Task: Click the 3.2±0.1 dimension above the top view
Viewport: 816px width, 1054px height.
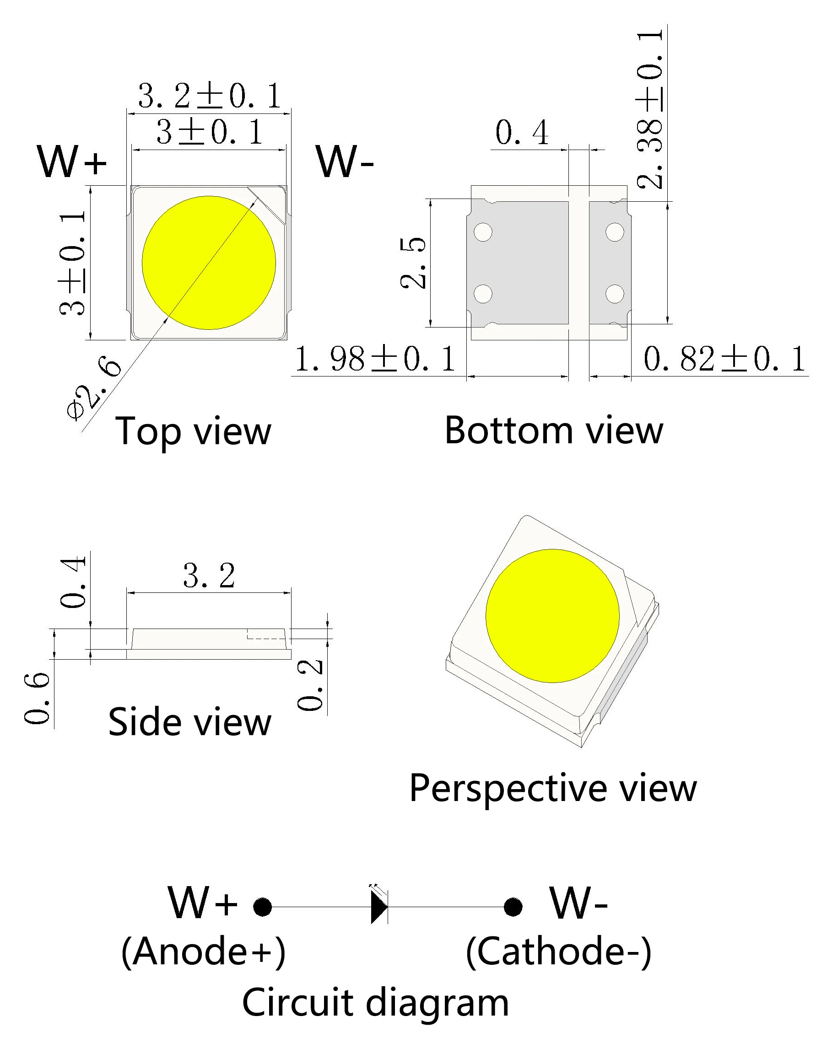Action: [209, 96]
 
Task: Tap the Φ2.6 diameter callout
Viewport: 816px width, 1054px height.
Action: [94, 389]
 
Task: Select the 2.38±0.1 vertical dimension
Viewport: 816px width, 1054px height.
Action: [650, 108]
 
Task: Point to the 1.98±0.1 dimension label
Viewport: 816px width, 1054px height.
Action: [375, 359]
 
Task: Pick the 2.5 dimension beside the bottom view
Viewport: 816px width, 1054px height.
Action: [413, 263]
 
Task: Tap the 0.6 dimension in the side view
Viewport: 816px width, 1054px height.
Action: [37, 699]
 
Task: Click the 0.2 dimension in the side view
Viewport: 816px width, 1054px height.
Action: [310, 685]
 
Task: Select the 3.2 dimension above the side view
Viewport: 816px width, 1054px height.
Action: [209, 576]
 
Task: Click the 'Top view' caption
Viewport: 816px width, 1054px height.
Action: [193, 431]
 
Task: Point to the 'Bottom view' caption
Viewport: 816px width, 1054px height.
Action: [553, 430]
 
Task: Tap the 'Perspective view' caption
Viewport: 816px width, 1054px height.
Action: [553, 788]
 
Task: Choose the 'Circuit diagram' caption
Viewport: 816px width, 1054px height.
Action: [375, 1002]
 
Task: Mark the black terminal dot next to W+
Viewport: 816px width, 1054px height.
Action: [263, 907]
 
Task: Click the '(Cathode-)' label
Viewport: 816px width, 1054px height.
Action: [559, 951]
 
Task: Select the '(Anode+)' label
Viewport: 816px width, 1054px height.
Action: [203, 951]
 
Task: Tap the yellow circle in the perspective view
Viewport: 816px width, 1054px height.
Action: [552, 616]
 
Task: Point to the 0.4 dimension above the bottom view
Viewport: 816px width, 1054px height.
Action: [522, 133]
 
